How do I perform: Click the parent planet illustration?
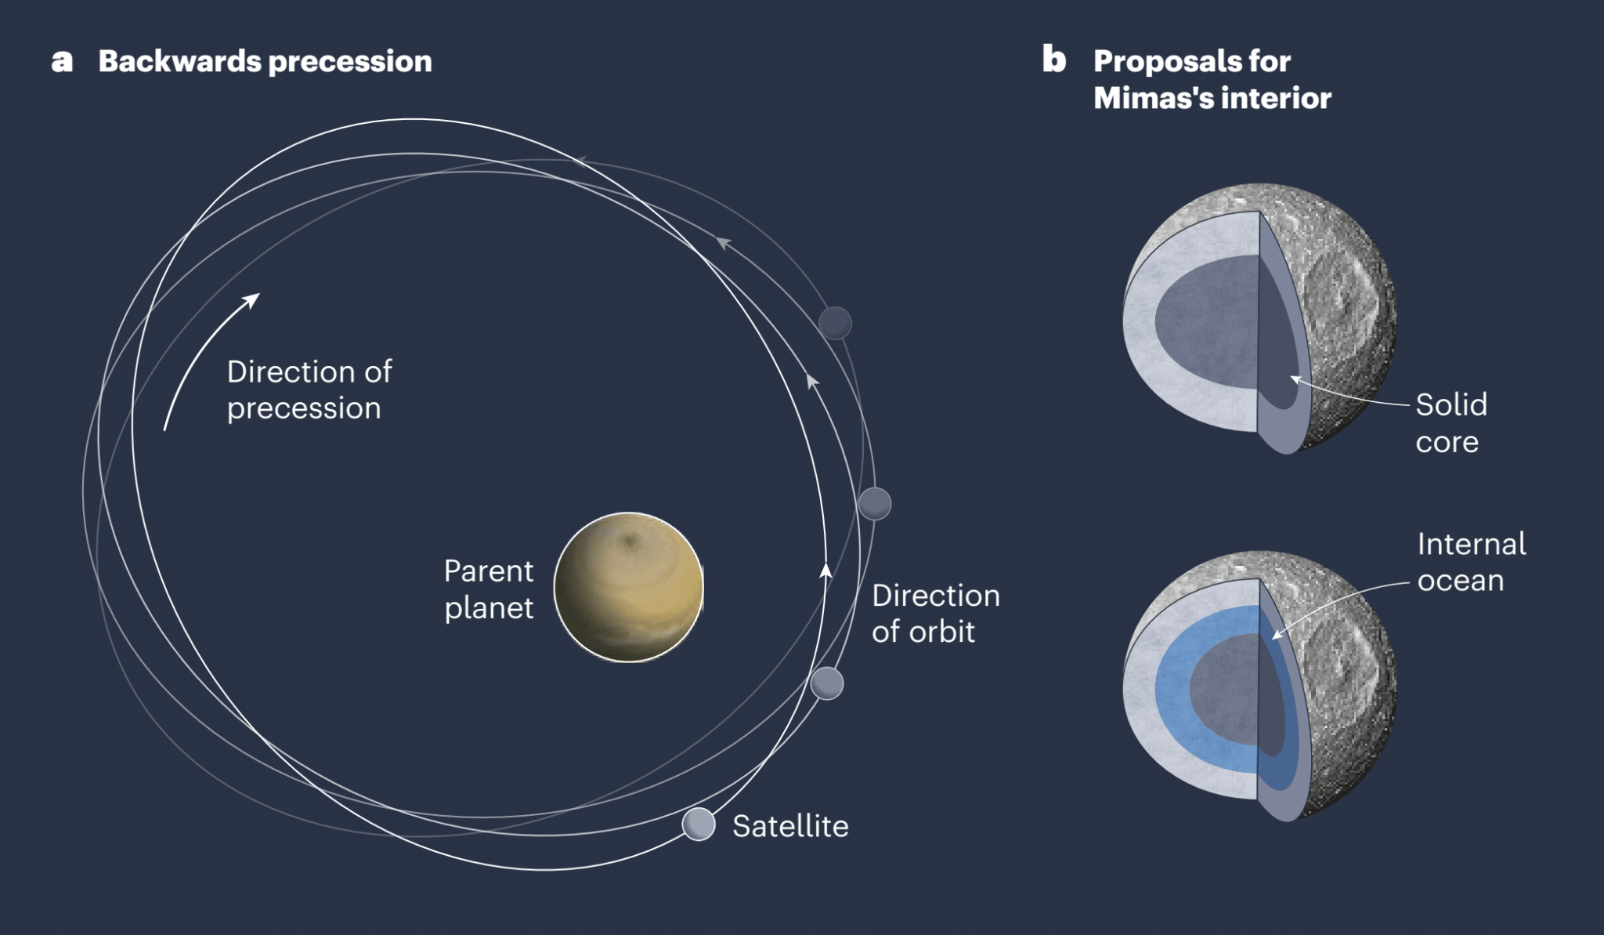629,587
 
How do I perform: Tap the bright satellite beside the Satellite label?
699,824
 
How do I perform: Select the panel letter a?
62,61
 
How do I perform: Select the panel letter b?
1054,60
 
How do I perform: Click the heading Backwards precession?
265,61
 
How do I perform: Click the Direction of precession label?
309,390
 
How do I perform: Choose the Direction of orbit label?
936,613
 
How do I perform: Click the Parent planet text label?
489,589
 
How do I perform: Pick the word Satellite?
790,826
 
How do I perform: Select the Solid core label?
1451,423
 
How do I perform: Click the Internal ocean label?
1472,562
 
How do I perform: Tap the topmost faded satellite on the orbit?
835,323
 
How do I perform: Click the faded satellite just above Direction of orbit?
875,503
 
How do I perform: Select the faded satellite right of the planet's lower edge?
827,683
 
